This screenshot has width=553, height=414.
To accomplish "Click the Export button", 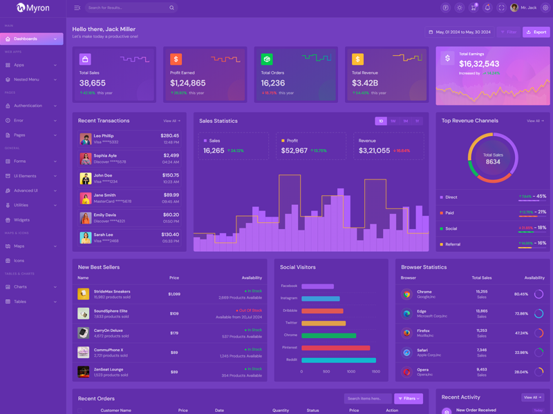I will pyautogui.click(x=536, y=32).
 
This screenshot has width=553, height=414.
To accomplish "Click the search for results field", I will pyautogui.click(x=128, y=8).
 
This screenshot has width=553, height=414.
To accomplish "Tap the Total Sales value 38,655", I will pyautogui.click(x=92, y=83).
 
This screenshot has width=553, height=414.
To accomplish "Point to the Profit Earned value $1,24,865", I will pyautogui.click(x=188, y=83).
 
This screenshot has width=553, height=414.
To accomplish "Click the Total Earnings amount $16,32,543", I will pyautogui.click(x=479, y=63).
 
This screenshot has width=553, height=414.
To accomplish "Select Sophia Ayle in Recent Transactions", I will pyautogui.click(x=105, y=156).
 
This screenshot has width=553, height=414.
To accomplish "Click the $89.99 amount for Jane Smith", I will pyautogui.click(x=171, y=195).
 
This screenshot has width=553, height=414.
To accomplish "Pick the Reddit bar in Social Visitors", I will pyautogui.click(x=339, y=359).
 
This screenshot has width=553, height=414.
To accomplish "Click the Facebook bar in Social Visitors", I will pyautogui.click(x=317, y=286).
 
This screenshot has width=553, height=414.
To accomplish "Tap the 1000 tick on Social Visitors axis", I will pyautogui.click(x=351, y=371).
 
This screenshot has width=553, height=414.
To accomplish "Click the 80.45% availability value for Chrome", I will pyautogui.click(x=521, y=294).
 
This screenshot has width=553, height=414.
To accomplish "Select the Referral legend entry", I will pyautogui.click(x=453, y=244).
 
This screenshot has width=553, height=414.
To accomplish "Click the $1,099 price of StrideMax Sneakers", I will pyautogui.click(x=174, y=294).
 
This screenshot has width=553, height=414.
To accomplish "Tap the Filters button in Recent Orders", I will pyautogui.click(x=409, y=398).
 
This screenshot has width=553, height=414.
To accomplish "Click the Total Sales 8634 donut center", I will pyautogui.click(x=493, y=159).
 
